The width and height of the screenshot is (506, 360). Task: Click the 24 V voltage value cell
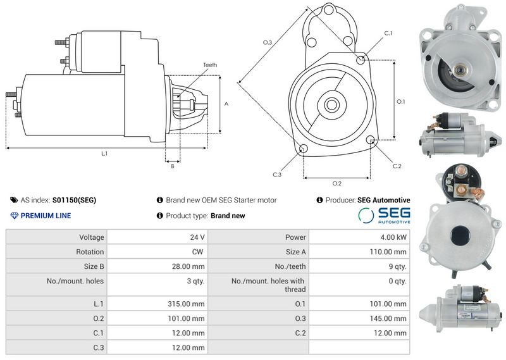[x=197, y=237]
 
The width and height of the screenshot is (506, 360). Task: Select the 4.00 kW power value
[x=393, y=237]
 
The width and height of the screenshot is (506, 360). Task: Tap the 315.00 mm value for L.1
[x=186, y=304]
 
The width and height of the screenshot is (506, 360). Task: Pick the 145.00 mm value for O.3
[x=388, y=318]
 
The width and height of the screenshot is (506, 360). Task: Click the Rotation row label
[x=90, y=252]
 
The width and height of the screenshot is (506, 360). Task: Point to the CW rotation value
[x=197, y=252]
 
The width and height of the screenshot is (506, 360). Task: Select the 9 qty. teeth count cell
[x=398, y=266]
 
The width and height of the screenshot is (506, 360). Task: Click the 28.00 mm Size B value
[x=188, y=266]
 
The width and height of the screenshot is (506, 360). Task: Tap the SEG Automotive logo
[x=385, y=215]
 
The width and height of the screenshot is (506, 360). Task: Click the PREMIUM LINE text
[x=46, y=216]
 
